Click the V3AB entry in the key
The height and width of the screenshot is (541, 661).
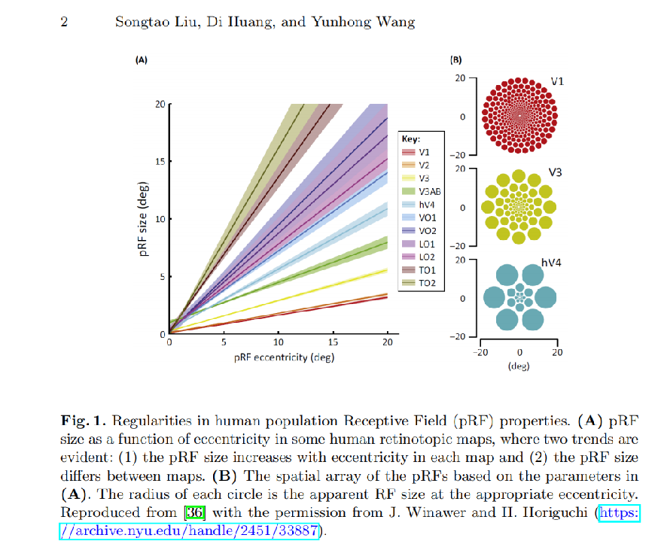click(x=421, y=192)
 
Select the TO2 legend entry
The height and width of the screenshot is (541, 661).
click(x=419, y=283)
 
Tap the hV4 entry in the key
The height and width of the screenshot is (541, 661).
click(x=418, y=205)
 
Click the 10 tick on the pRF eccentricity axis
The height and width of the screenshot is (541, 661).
click(x=279, y=342)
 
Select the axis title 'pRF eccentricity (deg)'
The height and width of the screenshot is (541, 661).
click(x=284, y=357)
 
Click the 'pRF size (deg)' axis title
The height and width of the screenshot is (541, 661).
click(x=143, y=219)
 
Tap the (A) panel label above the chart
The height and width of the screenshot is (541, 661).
click(x=142, y=60)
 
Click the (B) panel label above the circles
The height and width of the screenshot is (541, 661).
click(x=455, y=60)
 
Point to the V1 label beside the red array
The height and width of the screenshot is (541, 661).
click(x=557, y=81)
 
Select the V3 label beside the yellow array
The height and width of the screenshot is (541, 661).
click(x=555, y=172)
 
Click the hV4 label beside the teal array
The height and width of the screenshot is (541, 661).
click(x=551, y=263)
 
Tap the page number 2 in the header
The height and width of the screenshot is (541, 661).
click(x=64, y=22)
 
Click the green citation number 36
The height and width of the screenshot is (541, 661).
click(x=195, y=512)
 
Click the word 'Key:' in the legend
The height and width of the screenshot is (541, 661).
click(x=411, y=139)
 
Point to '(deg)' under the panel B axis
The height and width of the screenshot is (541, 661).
click(x=519, y=366)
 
